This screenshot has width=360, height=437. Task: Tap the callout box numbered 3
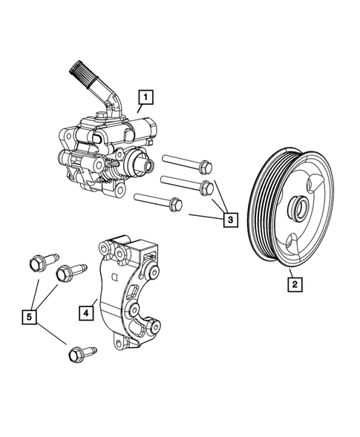pos(231,220)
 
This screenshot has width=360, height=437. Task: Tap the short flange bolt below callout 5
pos(77,355)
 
